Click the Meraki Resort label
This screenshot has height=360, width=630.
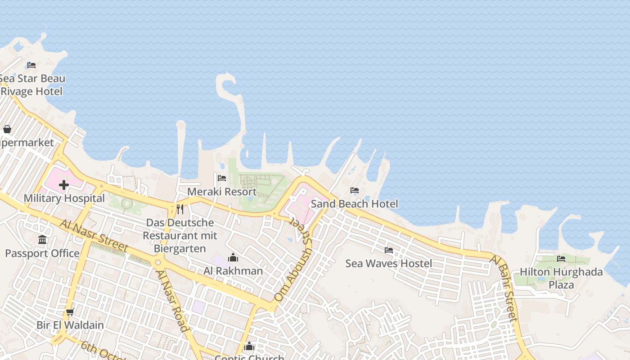click(x=222, y=192)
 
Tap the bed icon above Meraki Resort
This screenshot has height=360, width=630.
click(x=222, y=178)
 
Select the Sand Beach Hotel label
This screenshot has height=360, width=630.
click(x=355, y=204)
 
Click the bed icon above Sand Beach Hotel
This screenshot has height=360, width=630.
click(x=355, y=190)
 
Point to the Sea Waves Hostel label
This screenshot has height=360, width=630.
click(x=389, y=263)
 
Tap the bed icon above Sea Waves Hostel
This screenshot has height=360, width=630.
click(x=389, y=250)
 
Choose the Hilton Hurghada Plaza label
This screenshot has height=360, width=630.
click(x=561, y=278)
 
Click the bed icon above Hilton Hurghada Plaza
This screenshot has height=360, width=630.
click(x=561, y=259)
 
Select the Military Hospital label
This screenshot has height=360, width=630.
click(x=64, y=198)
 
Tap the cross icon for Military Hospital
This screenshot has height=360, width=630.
click(x=64, y=185)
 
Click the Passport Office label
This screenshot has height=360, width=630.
click(x=42, y=253)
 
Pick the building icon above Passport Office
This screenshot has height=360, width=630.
click(x=42, y=240)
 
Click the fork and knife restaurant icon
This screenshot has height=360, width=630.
click(x=180, y=209)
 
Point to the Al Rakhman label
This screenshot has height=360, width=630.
click(x=233, y=271)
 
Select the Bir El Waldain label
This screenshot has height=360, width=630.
click(x=70, y=325)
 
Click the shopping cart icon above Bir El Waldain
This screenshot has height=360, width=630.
click(x=70, y=312)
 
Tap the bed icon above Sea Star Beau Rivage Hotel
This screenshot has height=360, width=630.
click(x=31, y=65)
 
